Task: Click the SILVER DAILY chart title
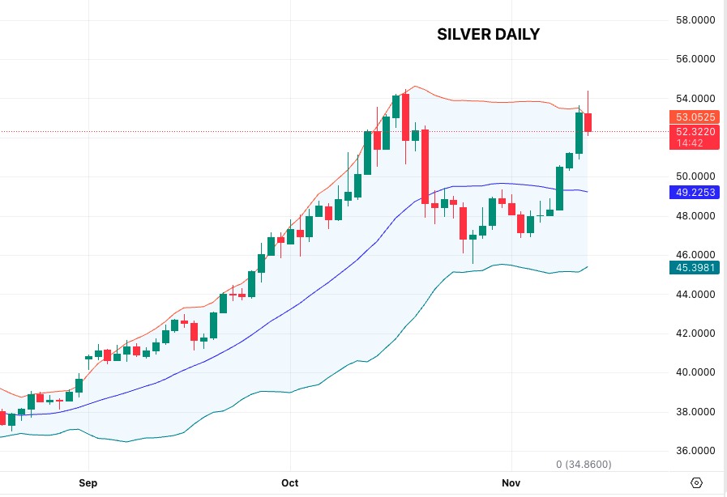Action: (488, 34)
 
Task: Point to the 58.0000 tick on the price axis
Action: (695, 20)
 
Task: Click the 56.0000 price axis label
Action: (695, 59)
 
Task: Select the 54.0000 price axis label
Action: (695, 99)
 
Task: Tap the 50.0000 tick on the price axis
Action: (695, 176)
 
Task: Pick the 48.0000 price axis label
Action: (695, 216)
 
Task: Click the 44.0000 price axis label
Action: (695, 295)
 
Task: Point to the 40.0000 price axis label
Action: (695, 373)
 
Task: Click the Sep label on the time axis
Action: (88, 483)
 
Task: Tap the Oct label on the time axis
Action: (289, 483)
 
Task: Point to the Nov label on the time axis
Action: (511, 483)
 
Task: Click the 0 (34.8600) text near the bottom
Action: (584, 465)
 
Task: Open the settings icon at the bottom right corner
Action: (696, 483)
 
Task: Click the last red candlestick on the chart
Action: (588, 122)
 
